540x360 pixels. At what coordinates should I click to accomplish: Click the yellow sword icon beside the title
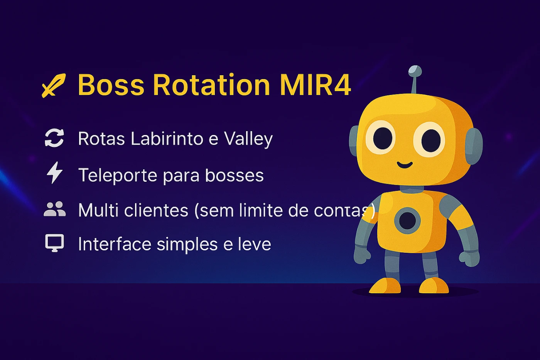54,85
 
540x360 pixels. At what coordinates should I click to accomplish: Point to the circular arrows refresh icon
54,138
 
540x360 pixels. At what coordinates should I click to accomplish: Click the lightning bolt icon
54,172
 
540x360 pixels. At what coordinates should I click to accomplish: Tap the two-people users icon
54,209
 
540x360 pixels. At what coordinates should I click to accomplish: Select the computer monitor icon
55,243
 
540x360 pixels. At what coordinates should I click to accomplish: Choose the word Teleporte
118,176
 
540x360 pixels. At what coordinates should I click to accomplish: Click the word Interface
115,244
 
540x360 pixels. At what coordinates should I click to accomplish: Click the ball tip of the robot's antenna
415,71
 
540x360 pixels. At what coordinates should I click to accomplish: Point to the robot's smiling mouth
405,165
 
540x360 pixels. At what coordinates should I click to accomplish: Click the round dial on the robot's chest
407,221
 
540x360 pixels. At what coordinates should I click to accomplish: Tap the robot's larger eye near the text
380,138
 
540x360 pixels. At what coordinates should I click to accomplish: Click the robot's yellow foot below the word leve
385,286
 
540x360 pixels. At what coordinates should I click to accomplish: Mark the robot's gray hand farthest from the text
469,259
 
